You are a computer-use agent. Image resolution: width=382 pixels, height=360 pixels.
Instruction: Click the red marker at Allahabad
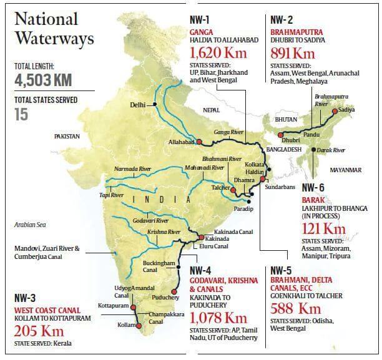coord(199,142)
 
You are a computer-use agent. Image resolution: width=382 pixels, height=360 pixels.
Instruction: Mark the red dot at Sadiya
coord(334,110)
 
